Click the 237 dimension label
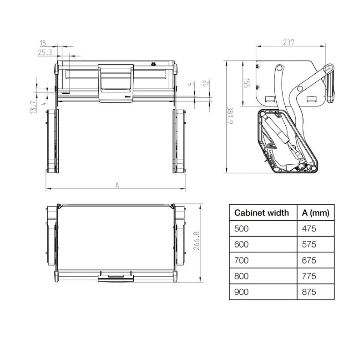tap(288, 43)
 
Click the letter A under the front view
tap(117, 185)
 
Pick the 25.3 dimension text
tap(45, 53)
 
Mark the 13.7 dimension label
tap(32, 107)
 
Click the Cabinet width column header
tap(261, 212)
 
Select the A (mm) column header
tap(315, 212)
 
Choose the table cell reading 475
tap(308, 228)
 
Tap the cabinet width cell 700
tap(242, 260)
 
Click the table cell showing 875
tap(308, 292)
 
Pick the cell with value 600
tap(242, 244)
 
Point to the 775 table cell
tap(308, 276)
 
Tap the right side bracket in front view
tap(180, 141)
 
